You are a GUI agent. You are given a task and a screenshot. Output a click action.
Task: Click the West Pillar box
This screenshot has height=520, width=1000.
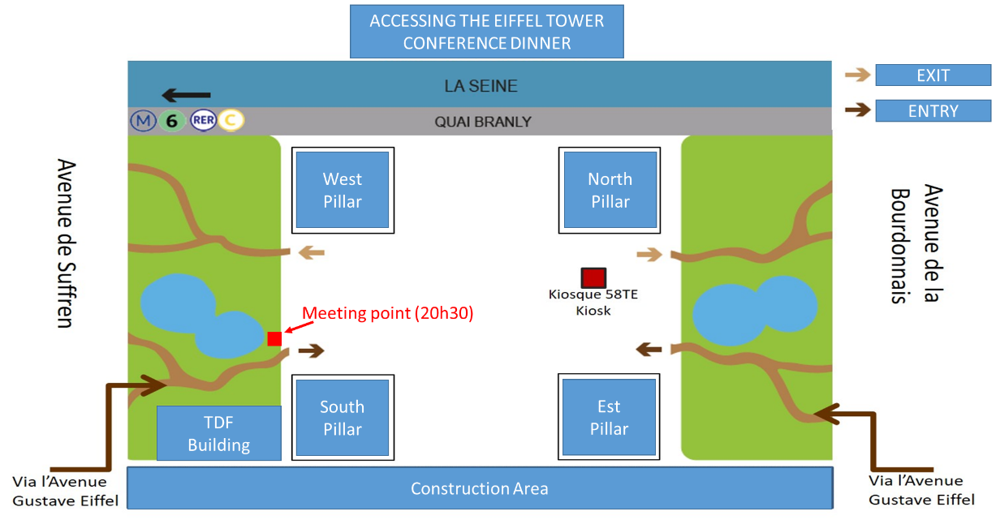click(343, 190)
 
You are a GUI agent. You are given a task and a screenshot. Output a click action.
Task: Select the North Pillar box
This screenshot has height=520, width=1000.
click(610, 190)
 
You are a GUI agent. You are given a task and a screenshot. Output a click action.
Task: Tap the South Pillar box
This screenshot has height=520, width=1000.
click(343, 417)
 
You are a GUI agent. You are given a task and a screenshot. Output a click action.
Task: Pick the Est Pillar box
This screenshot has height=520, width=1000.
click(609, 417)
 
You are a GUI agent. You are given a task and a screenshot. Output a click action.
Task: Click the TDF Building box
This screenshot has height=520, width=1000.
click(219, 433)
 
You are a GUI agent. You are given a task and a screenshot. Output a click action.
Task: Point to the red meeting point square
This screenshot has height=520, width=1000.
click(274, 339)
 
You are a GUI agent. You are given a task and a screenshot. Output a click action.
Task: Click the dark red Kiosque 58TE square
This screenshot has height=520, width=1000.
click(593, 277)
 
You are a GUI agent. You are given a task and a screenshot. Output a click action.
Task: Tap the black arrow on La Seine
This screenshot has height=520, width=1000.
click(186, 95)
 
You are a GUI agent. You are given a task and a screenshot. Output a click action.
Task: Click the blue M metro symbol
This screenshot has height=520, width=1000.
click(143, 121)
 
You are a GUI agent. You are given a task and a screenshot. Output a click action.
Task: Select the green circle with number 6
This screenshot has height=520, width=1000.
click(172, 121)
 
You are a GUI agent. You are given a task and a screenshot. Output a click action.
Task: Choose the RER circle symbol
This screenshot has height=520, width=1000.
click(203, 121)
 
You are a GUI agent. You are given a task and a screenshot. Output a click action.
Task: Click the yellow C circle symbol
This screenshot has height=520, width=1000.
click(231, 120)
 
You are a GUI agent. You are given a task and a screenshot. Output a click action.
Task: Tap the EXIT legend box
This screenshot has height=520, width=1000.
click(933, 75)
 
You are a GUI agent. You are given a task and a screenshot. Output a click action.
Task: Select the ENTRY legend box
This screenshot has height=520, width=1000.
click(933, 110)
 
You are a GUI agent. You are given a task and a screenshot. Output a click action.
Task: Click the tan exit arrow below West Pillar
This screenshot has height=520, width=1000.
click(312, 252)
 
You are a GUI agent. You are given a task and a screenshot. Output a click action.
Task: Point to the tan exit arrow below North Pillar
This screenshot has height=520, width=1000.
click(649, 255)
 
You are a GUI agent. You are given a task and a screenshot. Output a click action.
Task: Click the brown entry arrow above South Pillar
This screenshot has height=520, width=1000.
click(312, 350)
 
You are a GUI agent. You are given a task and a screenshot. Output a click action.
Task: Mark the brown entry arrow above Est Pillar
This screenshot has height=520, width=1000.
click(649, 349)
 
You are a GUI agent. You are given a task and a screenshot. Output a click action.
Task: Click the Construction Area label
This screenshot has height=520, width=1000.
click(480, 488)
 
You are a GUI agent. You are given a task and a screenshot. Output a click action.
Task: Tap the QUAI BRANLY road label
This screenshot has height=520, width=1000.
click(483, 122)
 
